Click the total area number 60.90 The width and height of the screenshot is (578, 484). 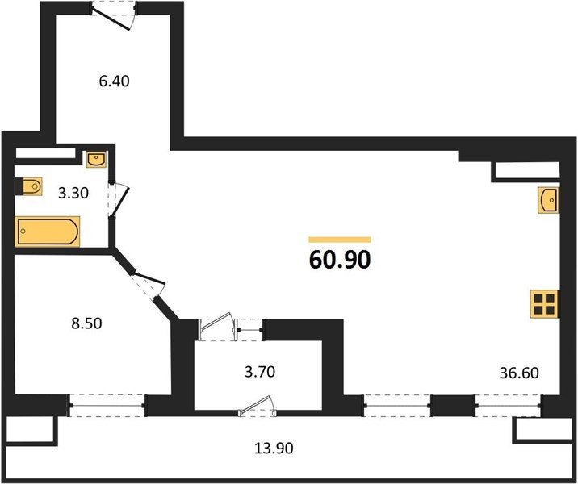tap(340, 260)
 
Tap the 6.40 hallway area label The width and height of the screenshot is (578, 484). tap(115, 81)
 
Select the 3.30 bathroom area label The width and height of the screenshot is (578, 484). tap(73, 193)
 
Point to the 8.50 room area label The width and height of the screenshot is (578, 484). tap(86, 323)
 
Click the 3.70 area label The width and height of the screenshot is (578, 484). tap(260, 372)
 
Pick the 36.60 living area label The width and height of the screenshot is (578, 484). tap(519, 373)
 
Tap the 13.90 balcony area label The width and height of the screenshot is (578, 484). tap(274, 449)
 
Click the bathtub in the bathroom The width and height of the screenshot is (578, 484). tap(48, 232)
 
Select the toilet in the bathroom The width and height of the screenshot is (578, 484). tap(29, 186)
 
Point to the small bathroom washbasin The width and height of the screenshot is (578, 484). tap(96, 160)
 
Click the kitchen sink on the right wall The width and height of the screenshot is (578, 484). tap(548, 200)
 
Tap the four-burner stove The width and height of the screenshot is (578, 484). tap(544, 304)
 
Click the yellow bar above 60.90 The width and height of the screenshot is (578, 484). tap(340, 240)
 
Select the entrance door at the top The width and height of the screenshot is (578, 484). tap(114, 15)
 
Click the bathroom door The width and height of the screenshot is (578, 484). tap(119, 199)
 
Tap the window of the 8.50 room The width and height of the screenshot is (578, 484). tap(107, 406)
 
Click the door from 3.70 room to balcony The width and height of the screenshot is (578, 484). tap(258, 406)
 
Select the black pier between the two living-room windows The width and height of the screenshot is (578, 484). tap(452, 405)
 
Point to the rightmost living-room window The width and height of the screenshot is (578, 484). tap(508, 406)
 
